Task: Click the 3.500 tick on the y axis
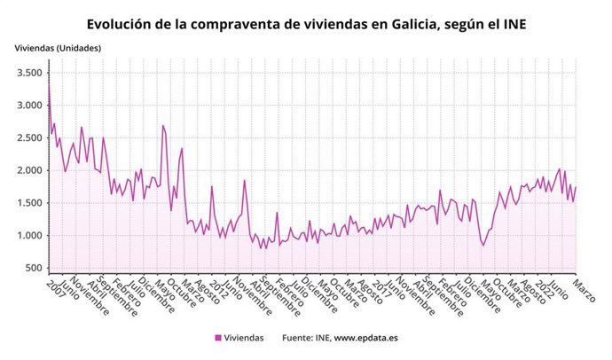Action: click(x=27, y=73)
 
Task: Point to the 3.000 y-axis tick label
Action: click(x=27, y=106)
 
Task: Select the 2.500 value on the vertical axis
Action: click(x=27, y=138)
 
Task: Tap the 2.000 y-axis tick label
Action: click(x=27, y=170)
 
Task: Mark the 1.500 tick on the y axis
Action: click(x=27, y=203)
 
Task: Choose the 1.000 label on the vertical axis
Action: click(x=27, y=236)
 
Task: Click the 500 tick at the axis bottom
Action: click(x=33, y=268)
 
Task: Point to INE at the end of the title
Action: click(x=512, y=24)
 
